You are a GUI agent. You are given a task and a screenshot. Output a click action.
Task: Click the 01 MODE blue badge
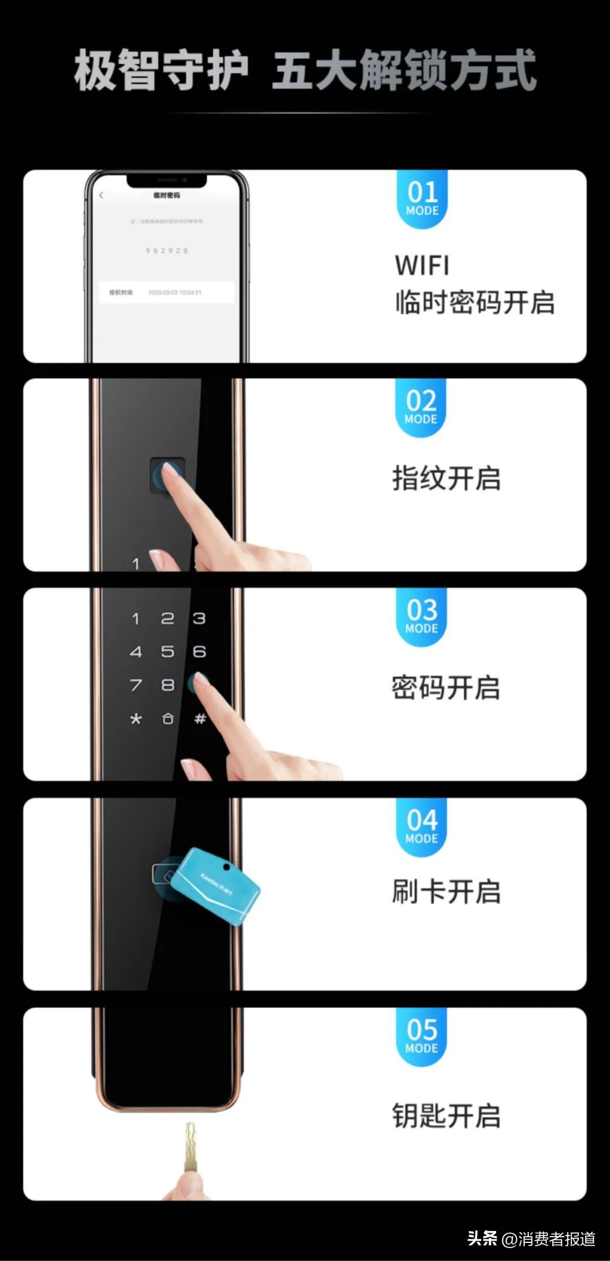tap(422, 198)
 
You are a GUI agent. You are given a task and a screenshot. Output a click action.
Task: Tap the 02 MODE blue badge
tap(421, 407)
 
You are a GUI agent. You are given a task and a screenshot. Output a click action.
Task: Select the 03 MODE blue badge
tap(421, 616)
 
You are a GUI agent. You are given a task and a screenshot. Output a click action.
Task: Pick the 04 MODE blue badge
tap(421, 826)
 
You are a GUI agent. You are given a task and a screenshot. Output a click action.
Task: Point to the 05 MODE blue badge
tap(421, 1036)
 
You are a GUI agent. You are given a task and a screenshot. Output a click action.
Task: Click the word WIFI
tap(422, 266)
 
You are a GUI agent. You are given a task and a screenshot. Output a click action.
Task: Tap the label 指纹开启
tap(446, 478)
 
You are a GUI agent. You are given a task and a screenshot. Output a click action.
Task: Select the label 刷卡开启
tap(446, 892)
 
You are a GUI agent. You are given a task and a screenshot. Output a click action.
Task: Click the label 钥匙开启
tap(446, 1116)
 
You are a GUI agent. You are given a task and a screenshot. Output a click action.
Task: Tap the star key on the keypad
tap(136, 719)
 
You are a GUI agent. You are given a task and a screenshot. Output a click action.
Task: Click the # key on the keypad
tap(200, 719)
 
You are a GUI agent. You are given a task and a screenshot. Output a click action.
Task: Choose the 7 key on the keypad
tap(136, 685)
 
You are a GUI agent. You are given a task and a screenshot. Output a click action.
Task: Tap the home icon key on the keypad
tap(168, 719)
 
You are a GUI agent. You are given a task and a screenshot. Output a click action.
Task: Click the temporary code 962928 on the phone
tap(167, 250)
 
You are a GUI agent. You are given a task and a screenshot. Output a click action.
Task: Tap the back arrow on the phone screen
tap(102, 196)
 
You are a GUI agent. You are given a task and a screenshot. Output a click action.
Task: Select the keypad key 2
tap(168, 618)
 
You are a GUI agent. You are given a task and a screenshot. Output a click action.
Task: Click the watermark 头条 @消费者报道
tap(531, 1239)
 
